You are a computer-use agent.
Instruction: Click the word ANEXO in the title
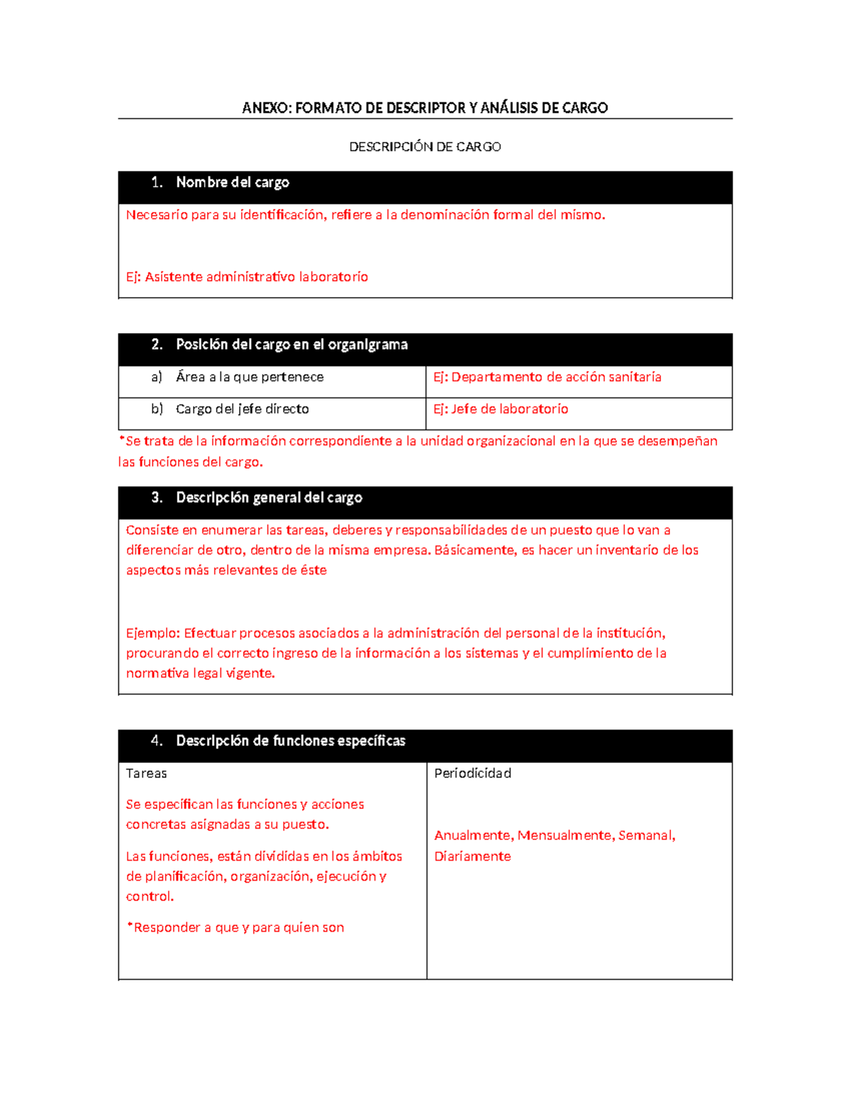tap(266, 108)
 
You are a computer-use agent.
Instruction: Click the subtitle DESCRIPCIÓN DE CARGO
tap(425, 147)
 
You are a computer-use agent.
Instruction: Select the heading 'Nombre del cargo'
tap(233, 182)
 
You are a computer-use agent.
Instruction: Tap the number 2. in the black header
tap(157, 345)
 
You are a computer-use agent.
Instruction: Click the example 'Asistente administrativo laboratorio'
tap(256, 276)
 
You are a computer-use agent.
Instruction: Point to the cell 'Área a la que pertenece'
tap(250, 377)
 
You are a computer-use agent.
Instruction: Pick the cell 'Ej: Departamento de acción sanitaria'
tap(547, 377)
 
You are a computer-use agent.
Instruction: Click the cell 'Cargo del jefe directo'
tap(242, 409)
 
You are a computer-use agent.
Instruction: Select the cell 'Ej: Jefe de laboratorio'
tap(501, 409)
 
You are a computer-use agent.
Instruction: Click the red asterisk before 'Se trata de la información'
tap(121, 440)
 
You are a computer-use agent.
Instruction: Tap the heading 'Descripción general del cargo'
tap(269, 498)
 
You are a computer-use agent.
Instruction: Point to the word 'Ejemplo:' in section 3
tap(153, 633)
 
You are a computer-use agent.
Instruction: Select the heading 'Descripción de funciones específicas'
tap(290, 741)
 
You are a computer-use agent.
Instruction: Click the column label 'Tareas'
tap(146, 773)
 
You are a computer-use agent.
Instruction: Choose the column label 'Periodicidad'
tap(472, 773)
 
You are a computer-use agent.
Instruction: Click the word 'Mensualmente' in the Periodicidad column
tap(565, 835)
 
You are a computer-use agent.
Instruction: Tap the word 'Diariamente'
tap(472, 856)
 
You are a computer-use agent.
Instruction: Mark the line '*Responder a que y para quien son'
tap(235, 927)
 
